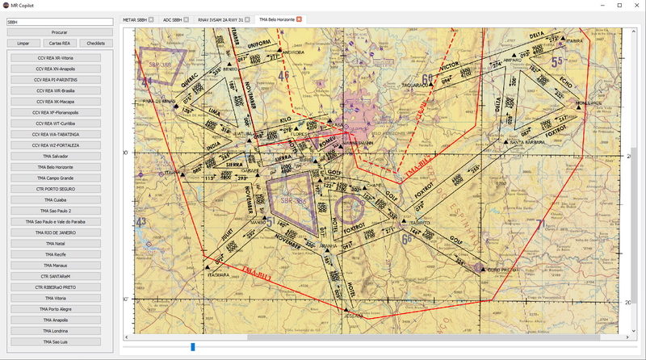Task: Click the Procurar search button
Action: pos(59,32)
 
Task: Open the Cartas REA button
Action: pos(59,43)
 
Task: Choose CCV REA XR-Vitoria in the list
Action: pos(56,58)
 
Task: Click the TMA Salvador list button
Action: pos(56,156)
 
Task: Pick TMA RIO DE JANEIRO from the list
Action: pos(56,232)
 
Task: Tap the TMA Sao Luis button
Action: pos(56,341)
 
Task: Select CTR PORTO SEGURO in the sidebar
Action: pos(56,189)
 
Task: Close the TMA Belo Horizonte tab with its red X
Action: pos(299,19)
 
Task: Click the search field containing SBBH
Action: pos(59,22)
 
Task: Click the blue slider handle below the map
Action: pos(192,347)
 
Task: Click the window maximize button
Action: pos(618,5)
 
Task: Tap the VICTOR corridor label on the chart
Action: pos(448,67)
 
